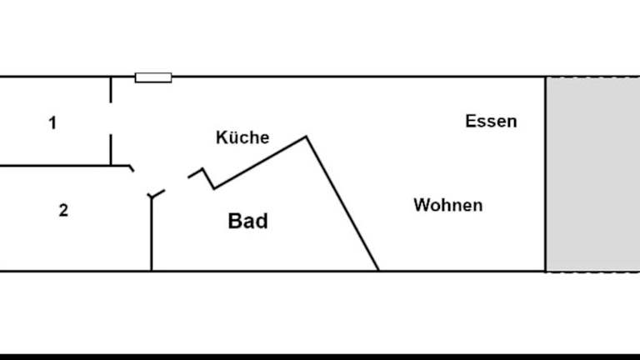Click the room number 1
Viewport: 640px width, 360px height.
[x=52, y=123]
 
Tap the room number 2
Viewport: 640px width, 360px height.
[x=63, y=211]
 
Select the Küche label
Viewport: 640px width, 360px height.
[x=242, y=137]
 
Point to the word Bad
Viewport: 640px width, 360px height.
[x=247, y=221]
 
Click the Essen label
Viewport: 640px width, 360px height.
[x=491, y=121]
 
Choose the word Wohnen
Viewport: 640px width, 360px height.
[x=447, y=205]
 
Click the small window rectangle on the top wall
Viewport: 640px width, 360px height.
[x=153, y=77]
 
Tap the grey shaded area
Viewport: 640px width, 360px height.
[x=592, y=173]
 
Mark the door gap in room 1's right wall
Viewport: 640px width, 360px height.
[x=111, y=117]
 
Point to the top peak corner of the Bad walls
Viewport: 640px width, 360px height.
[x=307, y=137]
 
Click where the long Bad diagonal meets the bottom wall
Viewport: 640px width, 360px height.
[x=378, y=270]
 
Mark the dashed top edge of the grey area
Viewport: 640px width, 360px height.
[x=592, y=77]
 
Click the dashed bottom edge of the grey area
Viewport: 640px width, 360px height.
[x=592, y=271]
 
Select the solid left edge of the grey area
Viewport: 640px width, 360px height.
[x=546, y=173]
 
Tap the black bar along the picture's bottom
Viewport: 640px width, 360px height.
[x=320, y=356]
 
